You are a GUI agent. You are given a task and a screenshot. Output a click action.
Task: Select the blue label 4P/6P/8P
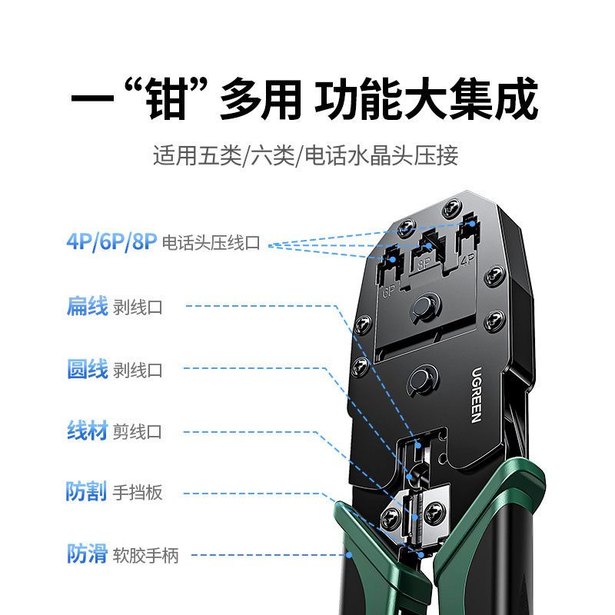(x=111, y=243)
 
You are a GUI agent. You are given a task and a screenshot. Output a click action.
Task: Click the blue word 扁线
(x=86, y=307)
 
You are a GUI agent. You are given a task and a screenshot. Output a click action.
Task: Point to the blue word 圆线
(x=86, y=370)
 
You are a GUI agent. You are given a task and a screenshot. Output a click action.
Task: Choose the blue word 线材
(x=86, y=431)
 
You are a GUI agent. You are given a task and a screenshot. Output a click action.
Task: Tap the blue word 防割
(x=86, y=492)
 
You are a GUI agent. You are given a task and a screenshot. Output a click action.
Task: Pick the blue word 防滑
(x=86, y=553)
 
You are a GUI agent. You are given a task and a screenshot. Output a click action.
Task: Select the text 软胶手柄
(x=145, y=555)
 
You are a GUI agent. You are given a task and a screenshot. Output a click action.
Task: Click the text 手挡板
(x=138, y=493)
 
